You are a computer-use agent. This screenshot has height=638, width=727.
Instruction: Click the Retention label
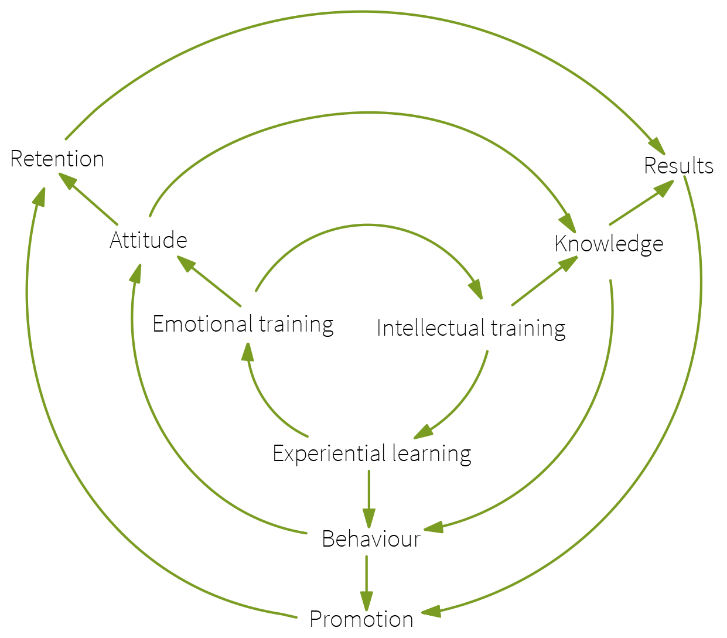point(57,159)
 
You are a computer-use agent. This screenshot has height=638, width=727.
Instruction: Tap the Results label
point(678,166)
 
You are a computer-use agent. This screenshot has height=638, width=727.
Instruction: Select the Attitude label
point(149,240)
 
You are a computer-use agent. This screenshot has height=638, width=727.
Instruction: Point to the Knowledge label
point(609,244)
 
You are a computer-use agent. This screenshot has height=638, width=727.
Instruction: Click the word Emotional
point(202,324)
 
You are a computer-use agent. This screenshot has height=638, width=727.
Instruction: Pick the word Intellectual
point(431,328)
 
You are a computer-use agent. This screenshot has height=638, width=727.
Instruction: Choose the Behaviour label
point(371,539)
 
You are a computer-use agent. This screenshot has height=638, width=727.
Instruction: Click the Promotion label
point(361,619)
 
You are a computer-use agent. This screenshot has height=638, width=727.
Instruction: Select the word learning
point(432,454)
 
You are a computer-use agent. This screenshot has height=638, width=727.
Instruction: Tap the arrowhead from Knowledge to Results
point(664,188)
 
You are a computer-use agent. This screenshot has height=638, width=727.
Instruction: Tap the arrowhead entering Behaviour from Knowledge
point(434,527)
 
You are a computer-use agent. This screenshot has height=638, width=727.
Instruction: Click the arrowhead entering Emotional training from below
point(248,352)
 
